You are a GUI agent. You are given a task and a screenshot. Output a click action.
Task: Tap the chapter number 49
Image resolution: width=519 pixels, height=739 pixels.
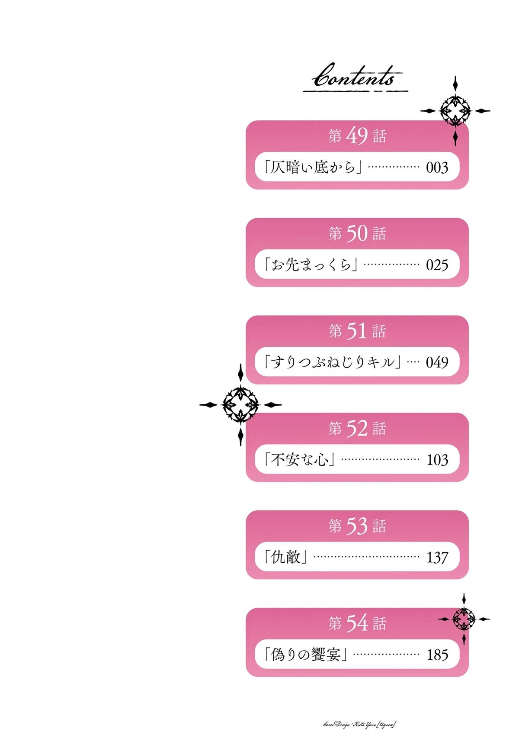pos(357,136)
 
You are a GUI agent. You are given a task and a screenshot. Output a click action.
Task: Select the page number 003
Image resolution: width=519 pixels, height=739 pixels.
pos(437,168)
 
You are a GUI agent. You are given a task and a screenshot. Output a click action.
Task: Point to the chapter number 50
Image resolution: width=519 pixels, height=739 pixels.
pos(357,233)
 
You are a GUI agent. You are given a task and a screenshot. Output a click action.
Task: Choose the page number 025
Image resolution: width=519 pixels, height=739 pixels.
pos(437,265)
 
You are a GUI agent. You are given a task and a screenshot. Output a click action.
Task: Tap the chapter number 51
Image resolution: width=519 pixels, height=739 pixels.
pos(357,331)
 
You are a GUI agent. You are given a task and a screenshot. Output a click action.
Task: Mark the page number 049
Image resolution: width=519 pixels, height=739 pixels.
pos(437,362)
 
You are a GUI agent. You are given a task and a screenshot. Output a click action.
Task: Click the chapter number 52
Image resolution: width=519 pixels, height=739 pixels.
pos(357,428)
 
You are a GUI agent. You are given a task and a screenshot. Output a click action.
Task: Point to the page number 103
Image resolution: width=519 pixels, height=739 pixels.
pos(437,460)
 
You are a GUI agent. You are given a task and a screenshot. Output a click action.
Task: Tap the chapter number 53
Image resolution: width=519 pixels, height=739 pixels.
pos(357,526)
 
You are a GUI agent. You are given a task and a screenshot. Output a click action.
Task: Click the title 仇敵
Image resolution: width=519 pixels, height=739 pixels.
pos(286,557)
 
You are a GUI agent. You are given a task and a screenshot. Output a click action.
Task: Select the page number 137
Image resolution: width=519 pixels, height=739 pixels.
pos(437,557)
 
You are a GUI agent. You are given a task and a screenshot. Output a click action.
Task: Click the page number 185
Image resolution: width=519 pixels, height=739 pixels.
pos(437,655)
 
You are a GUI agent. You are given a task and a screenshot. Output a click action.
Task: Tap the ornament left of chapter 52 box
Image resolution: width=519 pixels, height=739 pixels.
pos(240,405)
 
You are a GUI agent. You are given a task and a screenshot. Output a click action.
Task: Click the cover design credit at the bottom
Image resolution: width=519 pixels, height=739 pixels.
pos(359,724)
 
